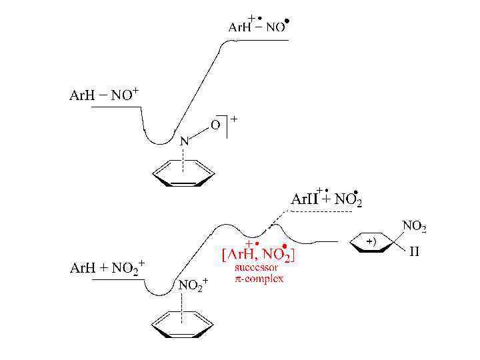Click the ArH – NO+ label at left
[104, 95]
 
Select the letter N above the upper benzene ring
[184, 141]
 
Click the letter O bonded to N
[215, 124]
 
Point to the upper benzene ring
[183, 175]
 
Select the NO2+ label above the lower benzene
[193, 285]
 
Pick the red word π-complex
[259, 278]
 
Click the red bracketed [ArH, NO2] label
[258, 254]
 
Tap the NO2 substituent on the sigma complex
[414, 227]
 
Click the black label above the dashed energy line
[327, 198]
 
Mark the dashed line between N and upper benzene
[183, 155]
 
